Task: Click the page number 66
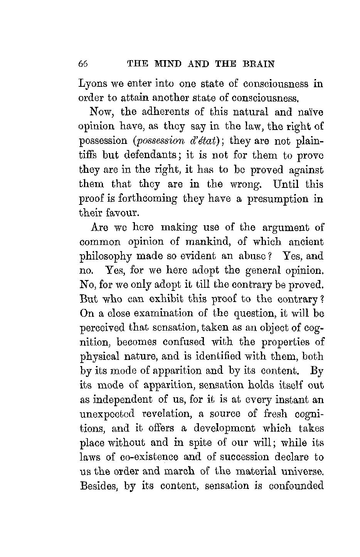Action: tap(83, 64)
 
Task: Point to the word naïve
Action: tap(311, 112)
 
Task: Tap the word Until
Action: tap(287, 184)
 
